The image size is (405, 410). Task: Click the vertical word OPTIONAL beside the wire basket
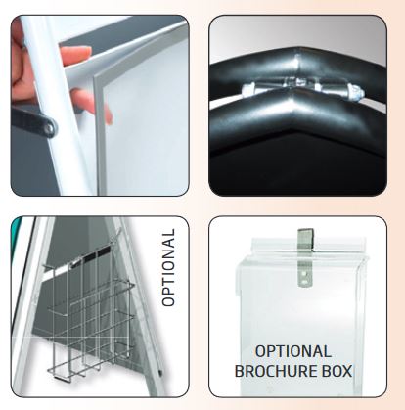(x=168, y=267)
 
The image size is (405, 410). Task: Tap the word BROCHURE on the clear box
(x=276, y=372)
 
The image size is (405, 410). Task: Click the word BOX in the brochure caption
(x=337, y=372)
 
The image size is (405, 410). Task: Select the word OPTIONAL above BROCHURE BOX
(x=292, y=351)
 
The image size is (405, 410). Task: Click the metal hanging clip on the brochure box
(x=305, y=257)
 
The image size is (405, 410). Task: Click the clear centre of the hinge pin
(x=299, y=85)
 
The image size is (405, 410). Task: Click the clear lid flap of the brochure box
(x=305, y=246)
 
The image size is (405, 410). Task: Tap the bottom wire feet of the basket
(x=75, y=373)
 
